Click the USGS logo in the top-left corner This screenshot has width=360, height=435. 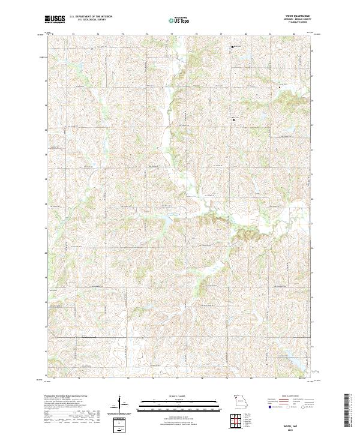point(55,19)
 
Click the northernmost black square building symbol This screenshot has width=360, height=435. point(233,47)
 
